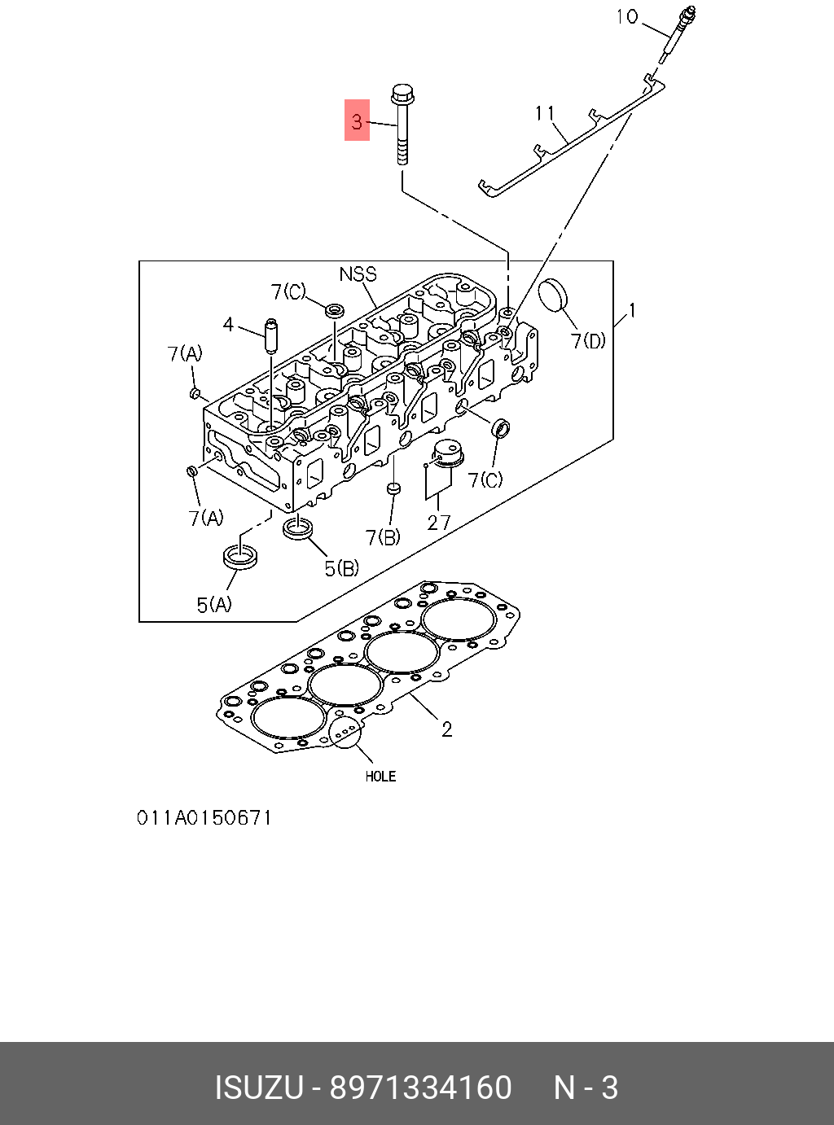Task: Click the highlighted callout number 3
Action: pos(357,120)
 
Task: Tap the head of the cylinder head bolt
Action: pos(401,91)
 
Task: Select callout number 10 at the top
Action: pos(626,16)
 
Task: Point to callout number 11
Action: pos(545,113)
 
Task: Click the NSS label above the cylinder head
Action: pos(358,274)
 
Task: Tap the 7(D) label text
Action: pos(588,340)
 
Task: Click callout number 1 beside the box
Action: pos(631,310)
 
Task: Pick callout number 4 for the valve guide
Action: pos(228,325)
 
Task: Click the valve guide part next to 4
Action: pos(270,335)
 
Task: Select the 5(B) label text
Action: pos(341,567)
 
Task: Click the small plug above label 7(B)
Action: pos(393,488)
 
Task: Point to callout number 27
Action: pos(438,522)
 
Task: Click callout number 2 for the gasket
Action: pos(446,729)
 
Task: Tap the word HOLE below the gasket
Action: pos(380,777)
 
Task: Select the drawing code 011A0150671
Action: pos(204,816)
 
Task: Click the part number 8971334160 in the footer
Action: pos(420,1088)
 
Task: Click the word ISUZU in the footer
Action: pos(258,1088)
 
